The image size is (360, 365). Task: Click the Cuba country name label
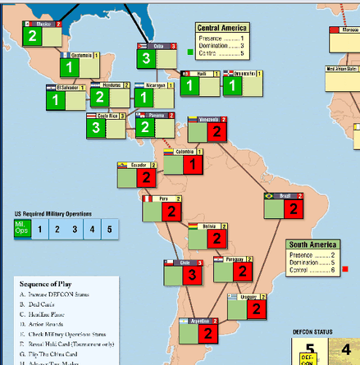(159, 45)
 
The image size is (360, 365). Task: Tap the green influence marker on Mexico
(33, 36)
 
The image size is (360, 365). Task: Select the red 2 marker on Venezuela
(217, 132)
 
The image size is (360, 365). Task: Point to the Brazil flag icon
(268, 196)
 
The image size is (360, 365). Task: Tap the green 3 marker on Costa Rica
(96, 128)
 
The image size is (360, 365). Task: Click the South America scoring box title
(313, 244)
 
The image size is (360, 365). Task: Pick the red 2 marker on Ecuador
(144, 176)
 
